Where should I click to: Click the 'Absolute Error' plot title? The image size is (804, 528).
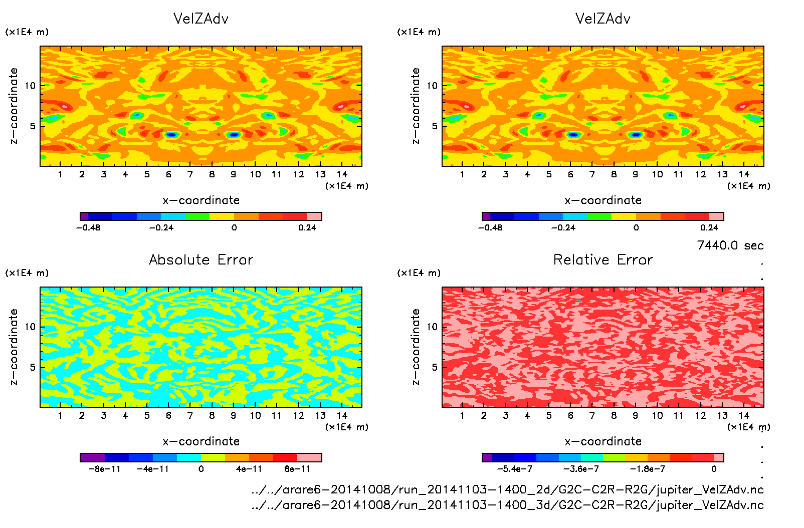(x=201, y=259)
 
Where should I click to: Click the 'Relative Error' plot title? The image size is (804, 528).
(x=603, y=259)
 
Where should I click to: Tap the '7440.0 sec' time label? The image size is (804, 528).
(x=730, y=245)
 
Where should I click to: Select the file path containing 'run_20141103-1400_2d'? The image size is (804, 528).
(x=507, y=489)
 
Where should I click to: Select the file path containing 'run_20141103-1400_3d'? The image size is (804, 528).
(x=507, y=504)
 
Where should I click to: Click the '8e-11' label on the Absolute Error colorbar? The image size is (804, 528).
(x=297, y=469)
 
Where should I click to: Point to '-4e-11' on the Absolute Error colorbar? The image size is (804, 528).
(x=153, y=469)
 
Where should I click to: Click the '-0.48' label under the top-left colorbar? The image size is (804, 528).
(x=88, y=227)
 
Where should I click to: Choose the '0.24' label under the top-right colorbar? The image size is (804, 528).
(x=709, y=227)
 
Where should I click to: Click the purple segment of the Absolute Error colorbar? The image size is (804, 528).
(x=92, y=457)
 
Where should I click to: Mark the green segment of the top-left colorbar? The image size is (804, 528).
(x=197, y=216)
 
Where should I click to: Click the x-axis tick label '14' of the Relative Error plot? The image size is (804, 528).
(x=744, y=415)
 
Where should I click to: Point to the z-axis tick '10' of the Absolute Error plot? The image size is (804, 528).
(x=31, y=327)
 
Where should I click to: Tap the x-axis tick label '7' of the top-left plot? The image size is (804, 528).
(x=190, y=174)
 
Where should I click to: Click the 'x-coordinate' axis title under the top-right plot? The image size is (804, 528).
(x=603, y=200)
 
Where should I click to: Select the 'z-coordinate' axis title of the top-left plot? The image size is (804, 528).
(x=14, y=106)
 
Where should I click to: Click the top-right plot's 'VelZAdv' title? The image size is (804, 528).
(x=603, y=19)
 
